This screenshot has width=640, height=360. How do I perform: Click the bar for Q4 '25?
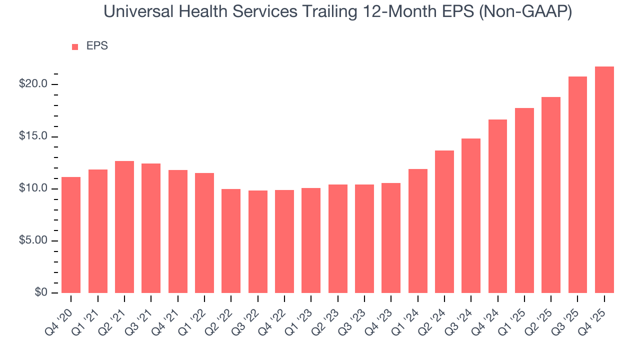tap(604, 180)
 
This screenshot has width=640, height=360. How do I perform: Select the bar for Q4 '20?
tap(71, 235)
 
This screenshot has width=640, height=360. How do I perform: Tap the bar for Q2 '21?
tap(124, 227)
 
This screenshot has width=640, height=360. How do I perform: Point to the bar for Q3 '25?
tap(577, 185)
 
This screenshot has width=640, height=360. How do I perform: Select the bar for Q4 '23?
tap(391, 238)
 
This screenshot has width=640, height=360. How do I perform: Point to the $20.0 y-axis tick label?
tap(33, 84)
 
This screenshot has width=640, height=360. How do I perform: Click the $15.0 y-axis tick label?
tap(33, 136)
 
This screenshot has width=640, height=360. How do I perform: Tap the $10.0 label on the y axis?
tap(33, 188)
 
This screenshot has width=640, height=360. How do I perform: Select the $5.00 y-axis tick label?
tap(33, 240)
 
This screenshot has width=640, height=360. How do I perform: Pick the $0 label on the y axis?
tap(40, 292)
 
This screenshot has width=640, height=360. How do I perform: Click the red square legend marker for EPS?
tap(75, 46)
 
